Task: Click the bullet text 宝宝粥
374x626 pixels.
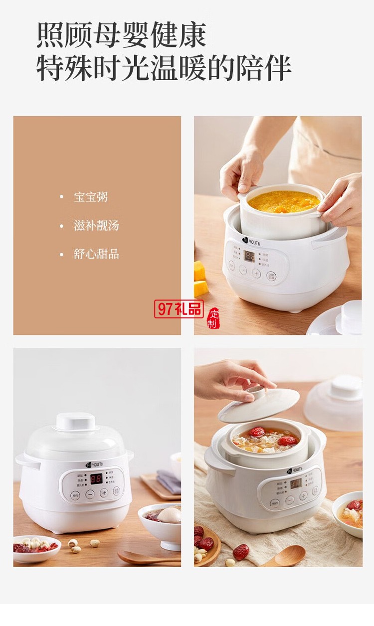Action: pos(91,197)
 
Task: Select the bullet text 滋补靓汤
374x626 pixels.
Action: pos(96,225)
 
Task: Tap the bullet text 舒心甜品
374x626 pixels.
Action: pos(96,254)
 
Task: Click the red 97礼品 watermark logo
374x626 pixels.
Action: pos(179,309)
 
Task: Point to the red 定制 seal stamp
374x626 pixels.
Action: pos(213,318)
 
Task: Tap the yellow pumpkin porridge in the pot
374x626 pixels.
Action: pos(283,201)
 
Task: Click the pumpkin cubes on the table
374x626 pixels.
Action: pos(200,279)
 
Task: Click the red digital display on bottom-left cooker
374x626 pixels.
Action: pos(96,478)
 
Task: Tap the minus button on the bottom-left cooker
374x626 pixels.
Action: pos(90,494)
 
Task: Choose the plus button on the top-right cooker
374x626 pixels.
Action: pos(256,273)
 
